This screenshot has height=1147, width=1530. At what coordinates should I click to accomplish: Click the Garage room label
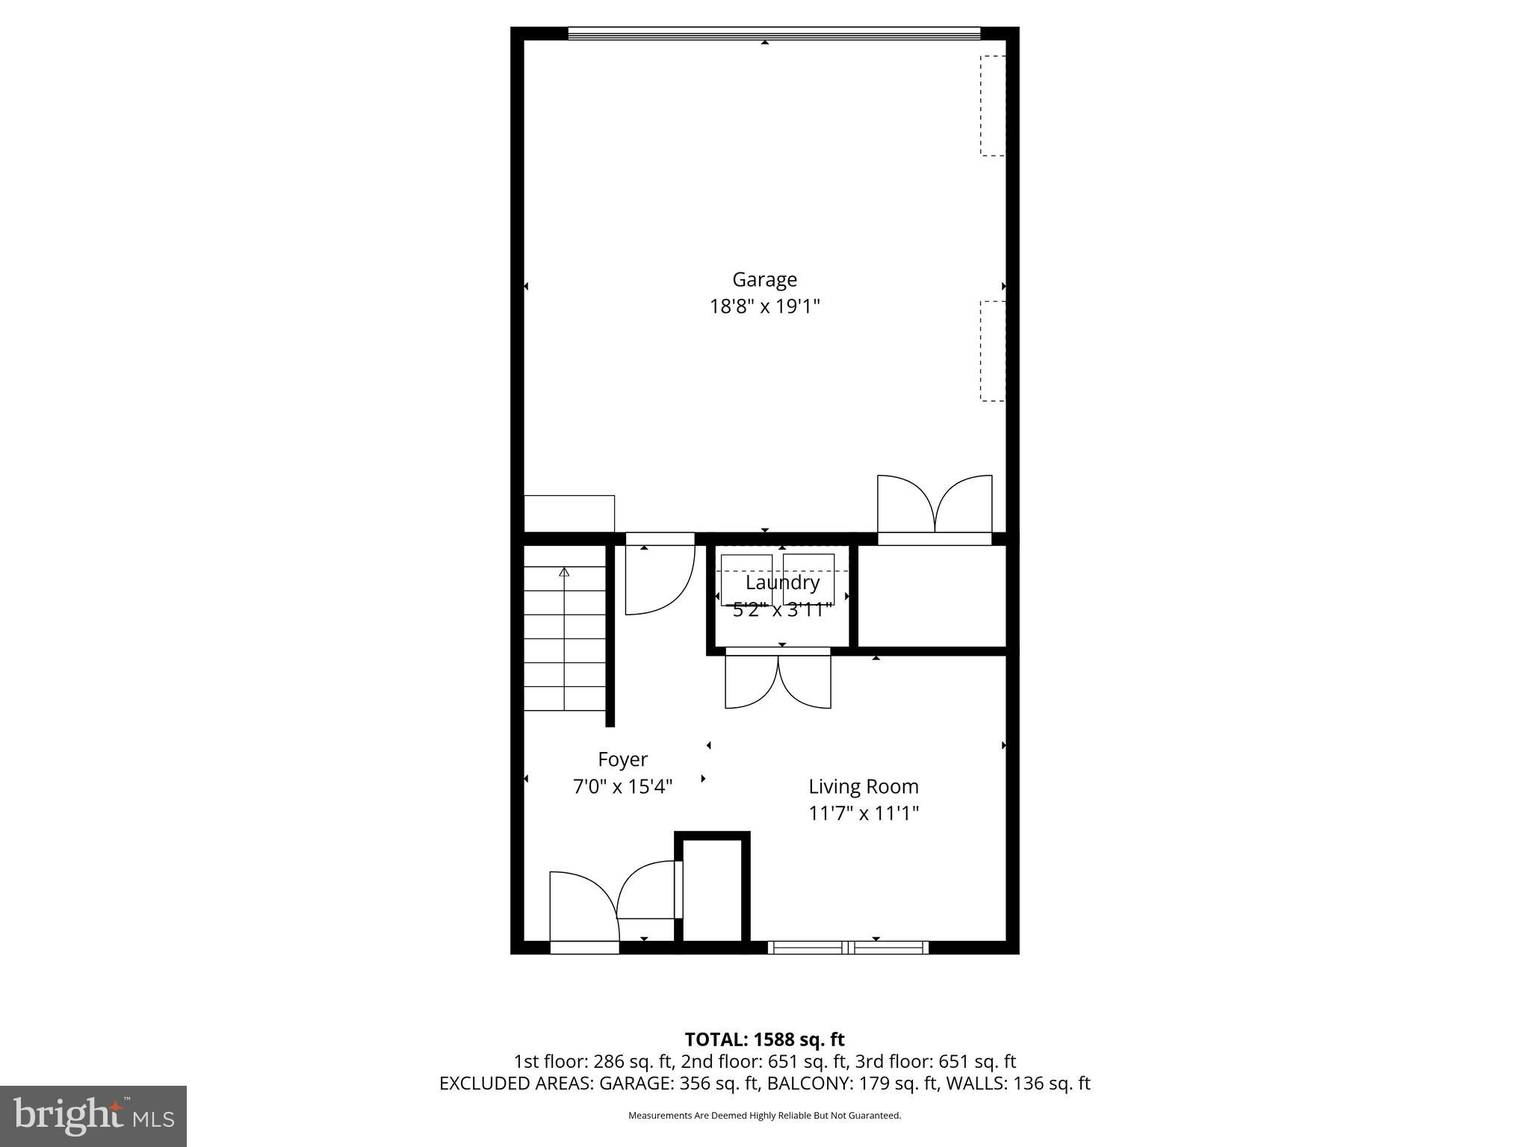[x=764, y=279]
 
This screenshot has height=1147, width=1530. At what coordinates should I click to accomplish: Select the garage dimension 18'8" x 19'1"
[x=764, y=307]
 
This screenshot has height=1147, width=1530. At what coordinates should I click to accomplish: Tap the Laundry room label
[x=782, y=582]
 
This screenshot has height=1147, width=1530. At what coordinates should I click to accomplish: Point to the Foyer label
[x=622, y=759]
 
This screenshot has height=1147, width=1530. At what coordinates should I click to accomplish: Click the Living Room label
[x=864, y=786]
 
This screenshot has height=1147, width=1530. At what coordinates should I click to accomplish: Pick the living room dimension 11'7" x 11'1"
[x=864, y=813]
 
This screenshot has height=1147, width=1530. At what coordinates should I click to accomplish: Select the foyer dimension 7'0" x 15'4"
[x=622, y=786]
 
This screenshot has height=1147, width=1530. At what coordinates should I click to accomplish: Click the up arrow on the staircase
[x=564, y=573]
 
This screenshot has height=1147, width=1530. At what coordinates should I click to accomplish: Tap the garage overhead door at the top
[x=773, y=33]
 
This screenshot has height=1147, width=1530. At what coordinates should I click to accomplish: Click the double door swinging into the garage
[x=935, y=506]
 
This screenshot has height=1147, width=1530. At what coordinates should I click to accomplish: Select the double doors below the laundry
[x=778, y=681]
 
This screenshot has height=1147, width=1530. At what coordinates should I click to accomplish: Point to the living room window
[x=848, y=948]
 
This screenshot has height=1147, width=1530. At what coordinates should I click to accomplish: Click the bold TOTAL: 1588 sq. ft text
[x=764, y=1039]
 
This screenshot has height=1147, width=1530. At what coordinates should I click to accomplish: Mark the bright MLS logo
[x=93, y=1116]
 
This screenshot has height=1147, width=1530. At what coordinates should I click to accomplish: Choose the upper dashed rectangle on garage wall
[x=993, y=105]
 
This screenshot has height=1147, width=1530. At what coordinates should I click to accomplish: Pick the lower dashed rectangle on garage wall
[x=993, y=351]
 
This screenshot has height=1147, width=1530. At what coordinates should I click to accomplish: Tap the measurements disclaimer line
[x=764, y=1116]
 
